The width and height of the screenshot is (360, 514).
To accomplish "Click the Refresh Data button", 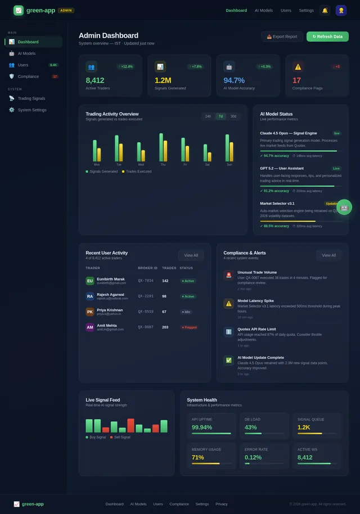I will click(x=327, y=37).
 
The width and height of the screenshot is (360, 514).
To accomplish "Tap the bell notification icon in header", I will click(x=325, y=10).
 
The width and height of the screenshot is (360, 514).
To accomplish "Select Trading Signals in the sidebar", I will click(x=31, y=98).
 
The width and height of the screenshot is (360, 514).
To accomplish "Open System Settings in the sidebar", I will click(x=32, y=110).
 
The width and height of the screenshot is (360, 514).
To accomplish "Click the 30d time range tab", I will click(x=233, y=116).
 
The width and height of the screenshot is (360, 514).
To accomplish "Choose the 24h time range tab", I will click(x=208, y=116).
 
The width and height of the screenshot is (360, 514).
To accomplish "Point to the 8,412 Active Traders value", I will click(x=95, y=80).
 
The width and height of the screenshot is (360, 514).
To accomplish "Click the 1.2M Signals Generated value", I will click(x=163, y=80).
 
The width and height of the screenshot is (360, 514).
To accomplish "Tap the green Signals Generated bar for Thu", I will click(x=161, y=147).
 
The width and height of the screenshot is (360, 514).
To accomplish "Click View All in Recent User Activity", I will click(x=191, y=255).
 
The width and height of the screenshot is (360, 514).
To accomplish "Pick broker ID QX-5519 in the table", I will click(x=146, y=312).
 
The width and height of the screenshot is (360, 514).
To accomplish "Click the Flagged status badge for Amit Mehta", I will click(x=189, y=327).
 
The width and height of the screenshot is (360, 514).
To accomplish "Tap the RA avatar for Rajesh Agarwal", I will click(x=90, y=296).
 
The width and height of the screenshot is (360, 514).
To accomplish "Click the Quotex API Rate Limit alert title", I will click(x=256, y=329).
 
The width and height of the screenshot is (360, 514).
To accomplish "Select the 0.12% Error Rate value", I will click(x=253, y=457).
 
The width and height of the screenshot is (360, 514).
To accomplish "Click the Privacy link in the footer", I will click(x=222, y=504).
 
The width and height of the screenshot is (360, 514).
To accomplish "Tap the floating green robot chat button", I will click(x=344, y=207).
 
